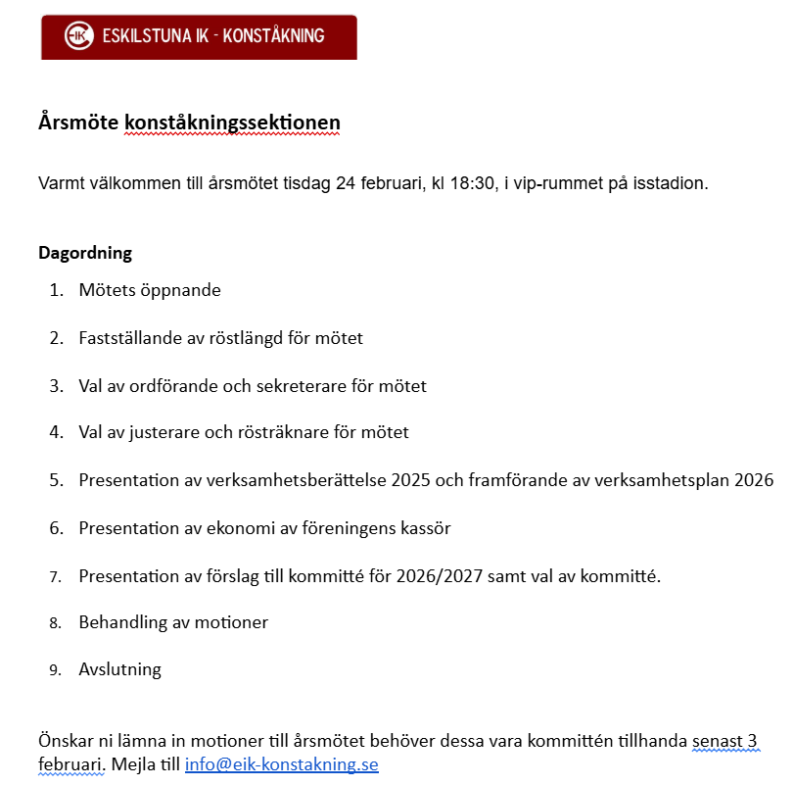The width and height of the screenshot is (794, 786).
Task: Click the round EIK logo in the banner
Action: pyautogui.click(x=77, y=36)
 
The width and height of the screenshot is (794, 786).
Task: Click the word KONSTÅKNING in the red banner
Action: pyautogui.click(x=274, y=36)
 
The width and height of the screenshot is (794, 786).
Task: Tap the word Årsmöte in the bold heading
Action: pyautogui.click(x=78, y=123)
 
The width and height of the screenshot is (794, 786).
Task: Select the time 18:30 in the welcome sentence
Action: pyautogui.click(x=470, y=183)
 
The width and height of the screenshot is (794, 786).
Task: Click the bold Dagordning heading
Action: pyautogui.click(x=85, y=253)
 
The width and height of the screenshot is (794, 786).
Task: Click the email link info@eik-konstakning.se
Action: pyautogui.click(x=281, y=764)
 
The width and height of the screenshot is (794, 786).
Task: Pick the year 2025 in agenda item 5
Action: pyautogui.click(x=411, y=480)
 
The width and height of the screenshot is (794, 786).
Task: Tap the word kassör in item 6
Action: pyautogui.click(x=426, y=528)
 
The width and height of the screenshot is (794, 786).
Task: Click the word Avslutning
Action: pyautogui.click(x=119, y=670)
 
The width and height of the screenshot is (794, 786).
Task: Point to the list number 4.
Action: pyautogui.click(x=56, y=432)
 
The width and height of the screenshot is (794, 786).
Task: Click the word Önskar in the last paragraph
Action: pyautogui.click(x=65, y=742)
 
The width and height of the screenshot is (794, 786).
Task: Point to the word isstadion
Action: pyautogui.click(x=672, y=183)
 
